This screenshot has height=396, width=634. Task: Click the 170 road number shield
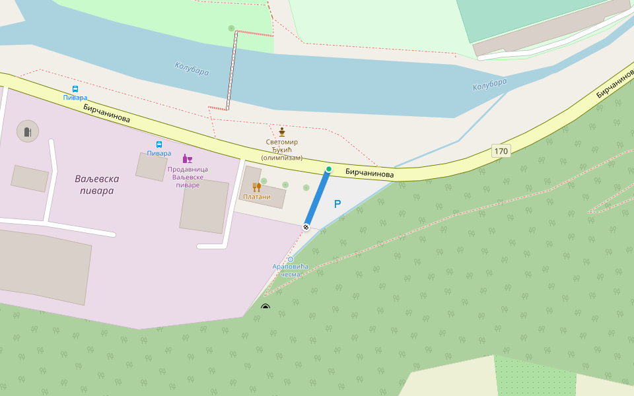pos(501,151)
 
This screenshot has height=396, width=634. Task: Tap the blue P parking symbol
pos(337,205)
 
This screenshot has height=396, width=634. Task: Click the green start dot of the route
pos(328,169)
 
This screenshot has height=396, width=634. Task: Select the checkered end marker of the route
pos(306,227)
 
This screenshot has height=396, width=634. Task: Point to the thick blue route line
pos(317,198)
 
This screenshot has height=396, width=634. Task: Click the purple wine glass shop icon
pos(188,158)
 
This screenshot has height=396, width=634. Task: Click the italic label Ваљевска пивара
pos(98,185)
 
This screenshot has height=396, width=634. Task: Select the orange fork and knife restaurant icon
pos(256,187)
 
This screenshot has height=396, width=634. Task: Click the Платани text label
pos(257,197)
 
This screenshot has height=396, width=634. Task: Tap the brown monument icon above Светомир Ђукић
pos(282,131)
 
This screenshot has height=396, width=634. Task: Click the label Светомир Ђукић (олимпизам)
pos(282,150)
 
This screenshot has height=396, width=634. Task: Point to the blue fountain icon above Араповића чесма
pos(290,259)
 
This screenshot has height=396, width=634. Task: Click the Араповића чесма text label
pos(291,270)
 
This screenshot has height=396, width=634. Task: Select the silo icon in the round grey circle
pos(28,131)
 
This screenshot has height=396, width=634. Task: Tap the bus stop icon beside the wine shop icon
pos(159,144)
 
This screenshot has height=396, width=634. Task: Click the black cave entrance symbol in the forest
pos(265,307)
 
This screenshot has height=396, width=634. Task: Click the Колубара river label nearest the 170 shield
pos(490,84)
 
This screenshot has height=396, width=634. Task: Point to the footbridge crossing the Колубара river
pos(232,69)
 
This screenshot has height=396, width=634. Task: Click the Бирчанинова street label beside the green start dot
pos(369,173)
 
